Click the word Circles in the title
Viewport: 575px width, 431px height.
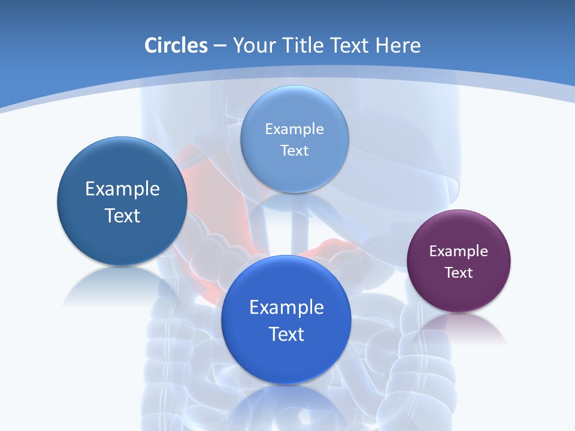[x=175, y=45]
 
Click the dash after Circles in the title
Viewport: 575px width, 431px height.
[x=220, y=46]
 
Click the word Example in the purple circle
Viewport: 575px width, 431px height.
[x=459, y=251]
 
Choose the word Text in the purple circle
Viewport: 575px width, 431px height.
[x=459, y=273]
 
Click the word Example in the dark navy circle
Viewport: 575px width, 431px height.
[x=122, y=189]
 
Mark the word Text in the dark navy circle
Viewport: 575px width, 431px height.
[x=122, y=215]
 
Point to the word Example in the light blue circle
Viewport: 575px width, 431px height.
[x=294, y=129]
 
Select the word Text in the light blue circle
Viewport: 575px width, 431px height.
[x=294, y=150]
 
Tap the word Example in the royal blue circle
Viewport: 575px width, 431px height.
[x=286, y=308]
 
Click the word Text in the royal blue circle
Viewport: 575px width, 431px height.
[x=286, y=334]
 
